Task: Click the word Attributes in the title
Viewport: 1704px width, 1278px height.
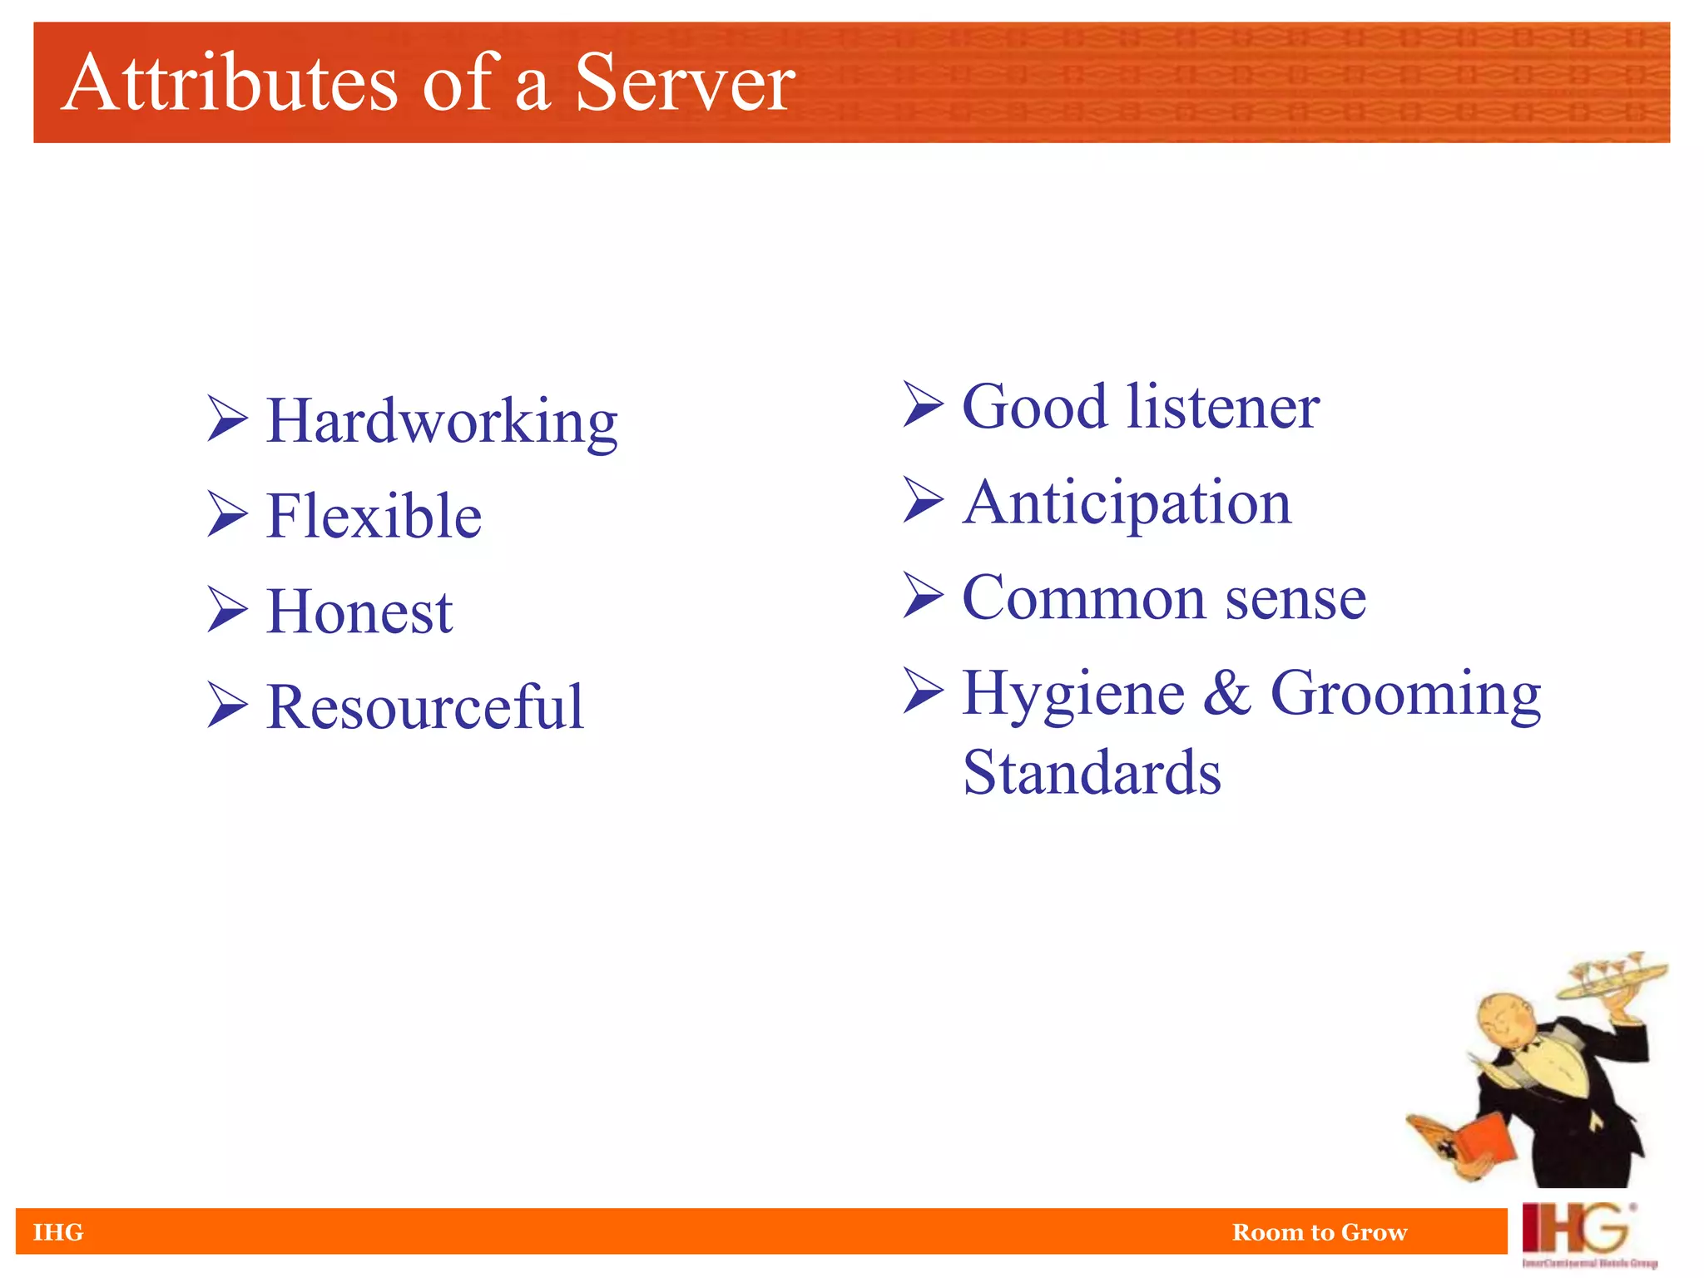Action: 230,82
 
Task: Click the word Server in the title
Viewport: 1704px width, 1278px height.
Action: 684,82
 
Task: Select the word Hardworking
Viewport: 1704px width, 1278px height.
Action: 441,422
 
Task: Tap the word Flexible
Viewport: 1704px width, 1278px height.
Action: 374,517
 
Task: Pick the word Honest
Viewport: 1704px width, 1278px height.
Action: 359,612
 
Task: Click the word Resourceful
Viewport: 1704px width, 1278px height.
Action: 425,708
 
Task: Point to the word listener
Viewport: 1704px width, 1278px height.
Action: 1223,407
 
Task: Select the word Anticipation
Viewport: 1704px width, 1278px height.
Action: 1127,503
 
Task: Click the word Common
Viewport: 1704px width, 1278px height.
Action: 1083,598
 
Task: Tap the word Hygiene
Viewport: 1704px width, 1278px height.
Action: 1073,695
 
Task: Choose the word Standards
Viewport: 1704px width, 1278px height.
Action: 1092,773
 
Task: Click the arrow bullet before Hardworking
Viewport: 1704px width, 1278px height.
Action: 227,419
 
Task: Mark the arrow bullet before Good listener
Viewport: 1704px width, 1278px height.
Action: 923,404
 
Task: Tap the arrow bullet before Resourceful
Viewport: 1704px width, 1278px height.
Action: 227,705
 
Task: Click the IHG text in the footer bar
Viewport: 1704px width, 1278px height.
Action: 58,1232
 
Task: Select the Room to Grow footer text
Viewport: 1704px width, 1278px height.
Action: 1320,1232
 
